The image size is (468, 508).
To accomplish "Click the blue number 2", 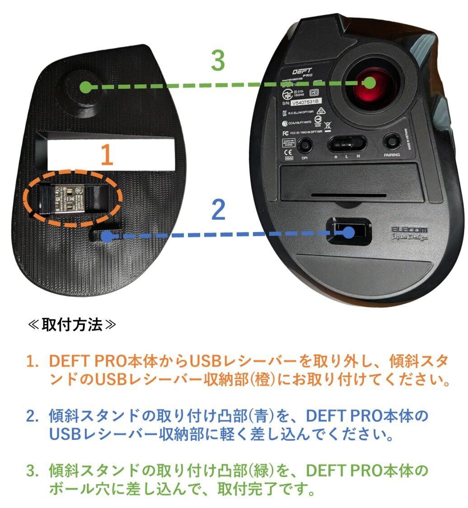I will tap(218, 210).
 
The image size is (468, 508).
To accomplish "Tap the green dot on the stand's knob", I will tap(84, 88).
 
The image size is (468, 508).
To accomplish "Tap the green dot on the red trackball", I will tap(370, 83).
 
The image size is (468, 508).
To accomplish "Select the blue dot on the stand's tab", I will tap(106, 235).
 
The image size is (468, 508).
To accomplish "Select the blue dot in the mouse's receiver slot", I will tap(348, 232).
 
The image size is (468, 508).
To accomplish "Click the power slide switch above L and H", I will tap(347, 144).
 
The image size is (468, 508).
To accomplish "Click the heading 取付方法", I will tap(72, 326).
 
